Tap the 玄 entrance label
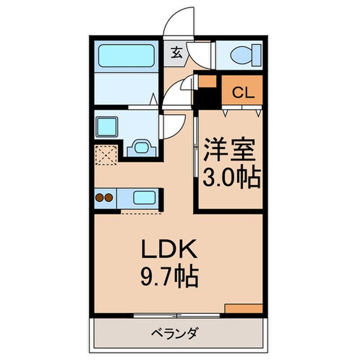[176, 51]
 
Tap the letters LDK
[169, 251]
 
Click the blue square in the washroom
[109, 125]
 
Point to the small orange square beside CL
[208, 82]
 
